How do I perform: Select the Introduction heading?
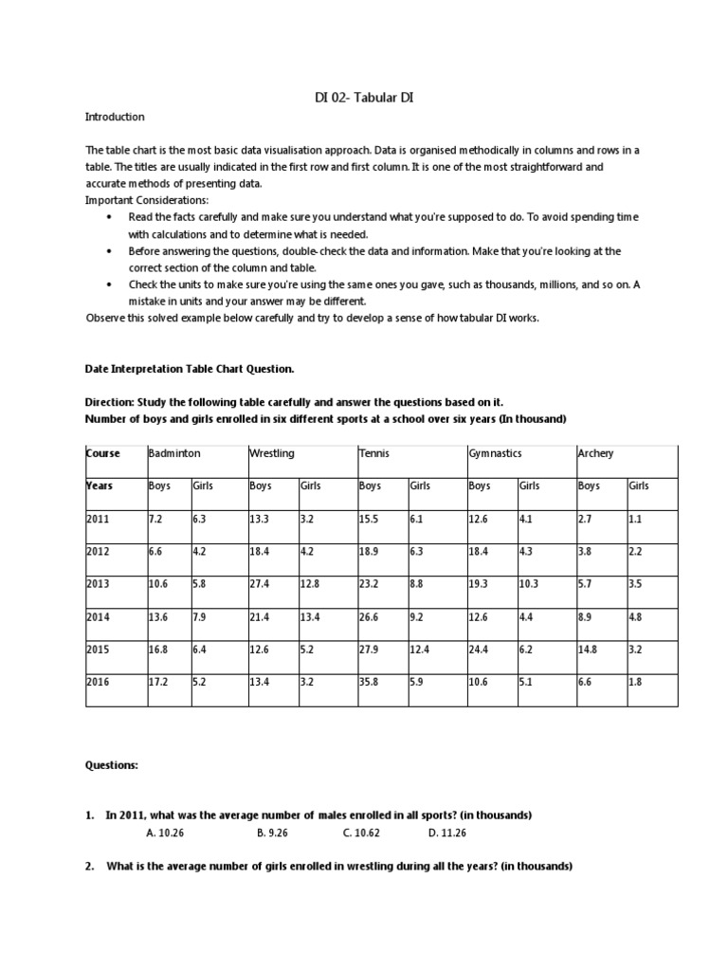coord(115,117)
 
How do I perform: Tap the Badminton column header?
coord(174,453)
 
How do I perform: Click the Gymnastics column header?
coord(495,453)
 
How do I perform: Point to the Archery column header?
coord(595,453)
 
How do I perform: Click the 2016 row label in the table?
coord(99,681)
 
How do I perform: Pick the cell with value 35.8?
coord(370,681)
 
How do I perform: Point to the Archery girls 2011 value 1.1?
coord(636,518)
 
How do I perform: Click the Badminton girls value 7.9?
coord(201,615)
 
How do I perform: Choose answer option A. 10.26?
coord(166,833)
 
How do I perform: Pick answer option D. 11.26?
coord(447,833)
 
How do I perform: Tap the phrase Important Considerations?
coord(147,201)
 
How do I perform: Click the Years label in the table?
coord(100,485)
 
